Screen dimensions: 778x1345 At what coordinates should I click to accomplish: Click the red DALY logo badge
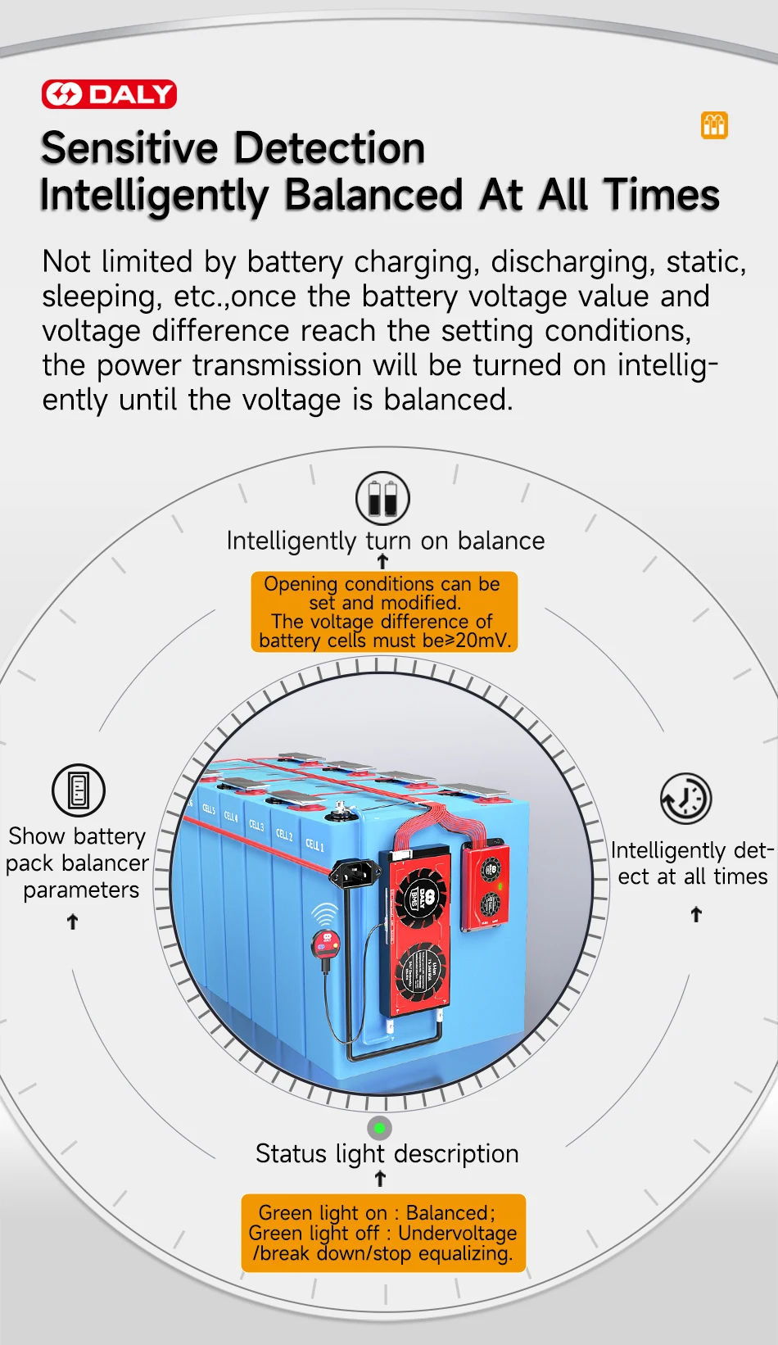coord(109,94)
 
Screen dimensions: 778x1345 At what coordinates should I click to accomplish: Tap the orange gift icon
coord(714,125)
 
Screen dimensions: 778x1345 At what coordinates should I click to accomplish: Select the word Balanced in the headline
coord(374,195)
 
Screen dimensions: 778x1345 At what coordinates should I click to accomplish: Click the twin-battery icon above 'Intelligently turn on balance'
coord(382,497)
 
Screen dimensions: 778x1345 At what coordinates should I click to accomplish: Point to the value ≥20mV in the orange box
coord(477,641)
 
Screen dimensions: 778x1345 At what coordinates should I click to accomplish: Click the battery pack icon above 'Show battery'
coord(79,790)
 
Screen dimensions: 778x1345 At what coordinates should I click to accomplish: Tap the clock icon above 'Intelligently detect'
coord(686,798)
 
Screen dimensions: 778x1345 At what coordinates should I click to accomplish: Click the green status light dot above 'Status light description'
coord(379,1128)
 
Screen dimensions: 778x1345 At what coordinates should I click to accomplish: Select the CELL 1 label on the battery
coord(314,845)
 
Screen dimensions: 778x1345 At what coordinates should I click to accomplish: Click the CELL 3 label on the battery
coord(256,825)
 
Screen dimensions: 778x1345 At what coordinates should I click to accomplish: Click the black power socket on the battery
coord(356,874)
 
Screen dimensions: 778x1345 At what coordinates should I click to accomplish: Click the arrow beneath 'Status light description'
coord(380,1179)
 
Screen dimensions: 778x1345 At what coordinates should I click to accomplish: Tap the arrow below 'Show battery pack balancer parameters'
coord(73,922)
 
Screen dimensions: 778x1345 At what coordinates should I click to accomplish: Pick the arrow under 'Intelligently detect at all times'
coord(696,914)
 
